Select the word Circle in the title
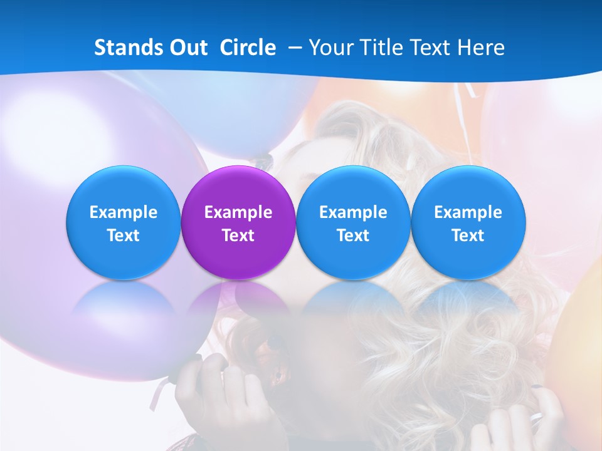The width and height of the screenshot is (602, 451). point(248,48)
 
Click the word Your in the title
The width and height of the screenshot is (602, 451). point(329,48)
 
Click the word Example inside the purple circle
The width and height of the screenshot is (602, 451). point(238,212)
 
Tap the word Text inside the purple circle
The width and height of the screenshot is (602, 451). point(238,236)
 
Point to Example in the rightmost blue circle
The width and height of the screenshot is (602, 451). point(468,212)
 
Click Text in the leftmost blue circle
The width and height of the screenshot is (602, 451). point(124,236)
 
